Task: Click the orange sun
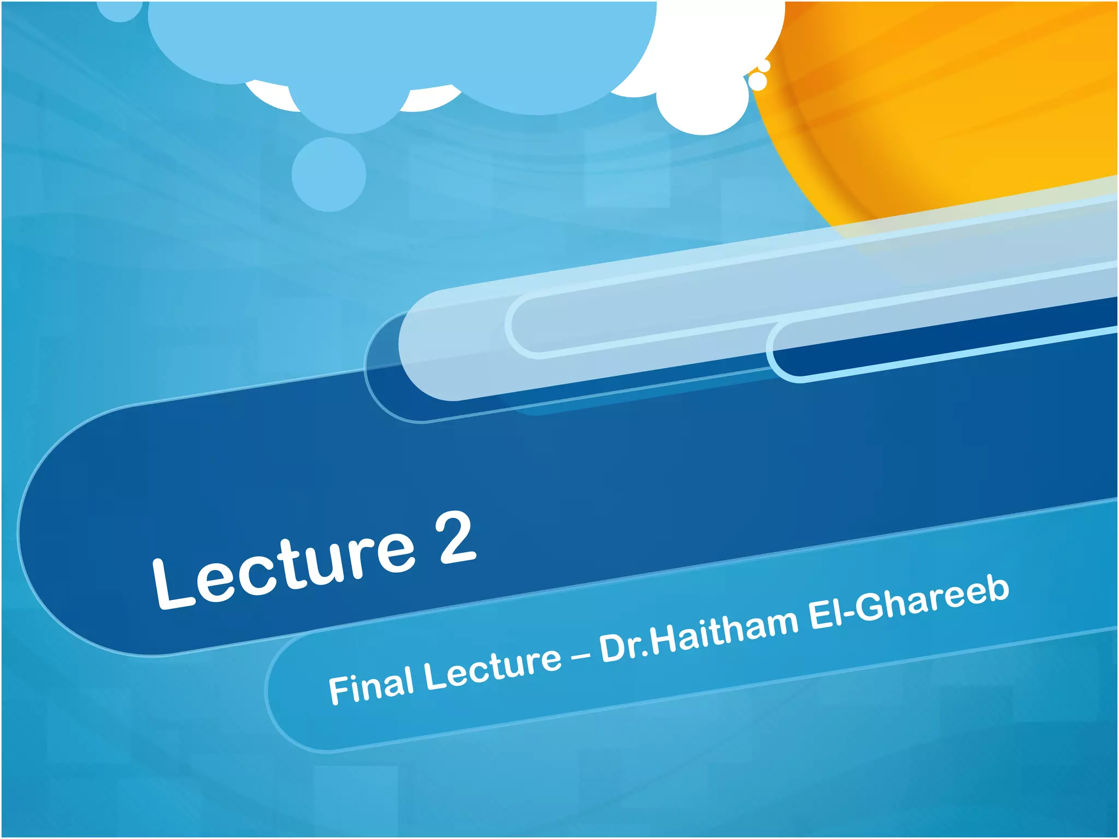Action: (956, 109)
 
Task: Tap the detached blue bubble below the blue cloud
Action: (328, 174)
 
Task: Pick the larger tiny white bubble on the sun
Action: (758, 81)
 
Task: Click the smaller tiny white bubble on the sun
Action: (764, 66)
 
